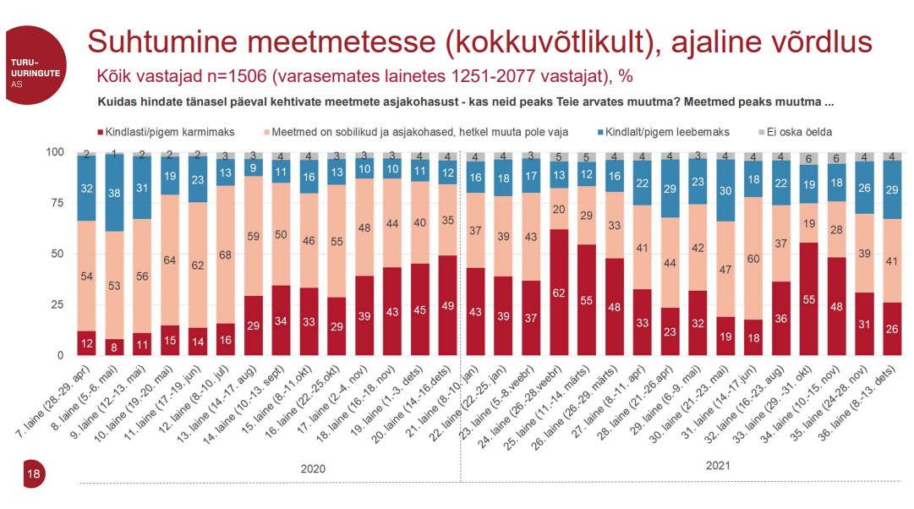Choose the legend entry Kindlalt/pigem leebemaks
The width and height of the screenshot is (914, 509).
coord(668,132)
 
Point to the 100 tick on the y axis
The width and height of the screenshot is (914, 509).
coord(54,152)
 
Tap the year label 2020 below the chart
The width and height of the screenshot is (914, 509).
coord(313,468)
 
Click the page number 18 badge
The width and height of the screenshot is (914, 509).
coord(34,474)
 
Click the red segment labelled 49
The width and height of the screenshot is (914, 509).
coord(448,306)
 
